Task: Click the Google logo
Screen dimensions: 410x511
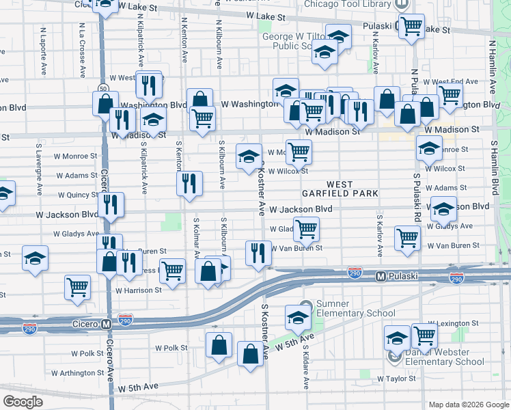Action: coord(23,401)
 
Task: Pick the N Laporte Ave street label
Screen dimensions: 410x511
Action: coord(43,51)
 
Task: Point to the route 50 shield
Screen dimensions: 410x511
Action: coord(102,88)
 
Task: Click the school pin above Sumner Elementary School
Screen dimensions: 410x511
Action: coord(298,316)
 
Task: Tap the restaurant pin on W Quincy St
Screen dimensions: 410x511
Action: coord(109,203)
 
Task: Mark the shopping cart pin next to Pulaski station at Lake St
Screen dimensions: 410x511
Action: coord(411,26)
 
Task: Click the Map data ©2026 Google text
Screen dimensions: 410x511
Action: coord(469,405)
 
